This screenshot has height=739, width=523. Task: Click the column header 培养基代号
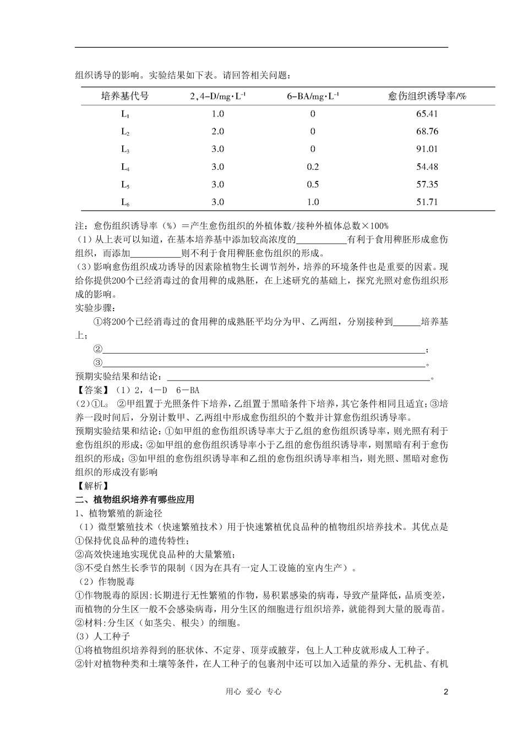coord(125,96)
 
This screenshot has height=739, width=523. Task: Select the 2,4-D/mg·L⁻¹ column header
coord(218,96)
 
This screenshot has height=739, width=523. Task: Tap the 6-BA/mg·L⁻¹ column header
coord(313,96)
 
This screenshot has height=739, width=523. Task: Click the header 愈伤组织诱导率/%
coord(427,96)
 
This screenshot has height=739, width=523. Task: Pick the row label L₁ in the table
coord(126,114)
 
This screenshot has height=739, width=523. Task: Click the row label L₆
coord(126,202)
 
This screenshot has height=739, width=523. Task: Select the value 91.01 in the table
coord(427,149)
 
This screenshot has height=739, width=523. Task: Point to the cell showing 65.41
coord(427,114)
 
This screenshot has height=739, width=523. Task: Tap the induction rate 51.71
coord(427,202)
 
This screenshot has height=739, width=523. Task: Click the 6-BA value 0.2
coord(313,167)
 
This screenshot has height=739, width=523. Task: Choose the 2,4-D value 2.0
coord(218,131)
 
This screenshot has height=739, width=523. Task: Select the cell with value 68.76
coord(427,131)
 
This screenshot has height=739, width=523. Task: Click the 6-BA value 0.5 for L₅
coord(313,184)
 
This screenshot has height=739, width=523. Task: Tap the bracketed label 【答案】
coord(92,390)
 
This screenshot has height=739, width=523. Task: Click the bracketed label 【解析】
coord(92,486)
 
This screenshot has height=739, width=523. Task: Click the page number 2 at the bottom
coord(446,692)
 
